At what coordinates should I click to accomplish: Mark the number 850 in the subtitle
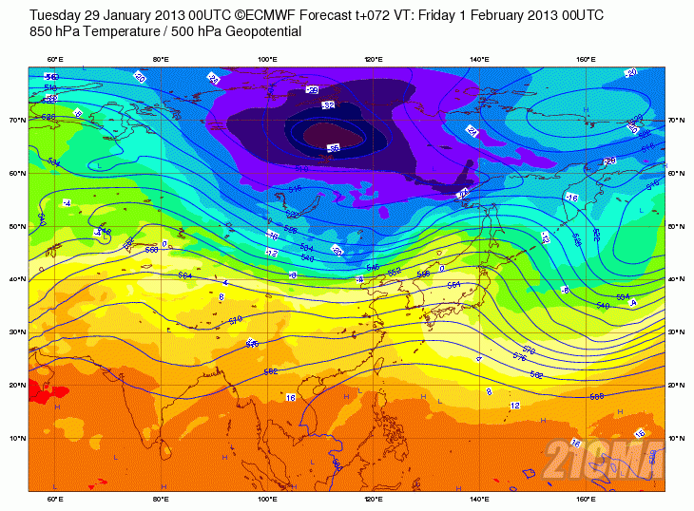click(42, 31)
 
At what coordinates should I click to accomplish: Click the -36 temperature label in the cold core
click(334, 147)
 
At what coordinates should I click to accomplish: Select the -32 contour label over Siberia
click(329, 104)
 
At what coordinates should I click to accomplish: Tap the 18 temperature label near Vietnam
click(290, 397)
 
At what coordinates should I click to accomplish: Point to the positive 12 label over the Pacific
click(514, 406)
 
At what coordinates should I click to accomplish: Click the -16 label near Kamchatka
click(571, 197)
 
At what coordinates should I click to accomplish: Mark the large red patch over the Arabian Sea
click(40, 390)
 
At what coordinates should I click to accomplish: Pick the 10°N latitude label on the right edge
click(675, 438)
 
